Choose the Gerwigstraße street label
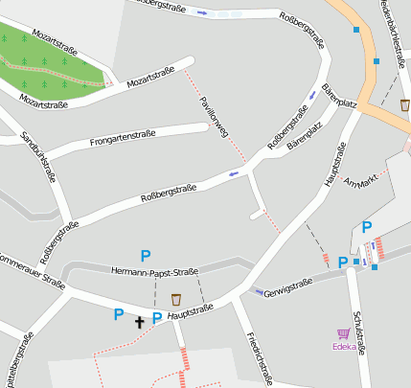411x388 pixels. pyautogui.click(x=288, y=283)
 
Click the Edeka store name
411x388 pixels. pyautogui.click(x=343, y=348)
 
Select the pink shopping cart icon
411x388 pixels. pyautogui.click(x=343, y=334)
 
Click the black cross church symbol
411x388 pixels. pyautogui.click(x=139, y=323)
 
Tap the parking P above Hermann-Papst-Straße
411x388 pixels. pyautogui.click(x=146, y=256)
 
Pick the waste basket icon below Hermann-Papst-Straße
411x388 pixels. pyautogui.click(x=175, y=299)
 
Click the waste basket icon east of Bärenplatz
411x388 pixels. pyautogui.click(x=405, y=104)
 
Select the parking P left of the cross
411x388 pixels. pyautogui.click(x=119, y=314)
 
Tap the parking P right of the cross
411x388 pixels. pyautogui.click(x=157, y=317)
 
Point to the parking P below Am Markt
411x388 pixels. pyautogui.click(x=366, y=227)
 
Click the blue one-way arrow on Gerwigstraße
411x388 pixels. pyautogui.click(x=258, y=291)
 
